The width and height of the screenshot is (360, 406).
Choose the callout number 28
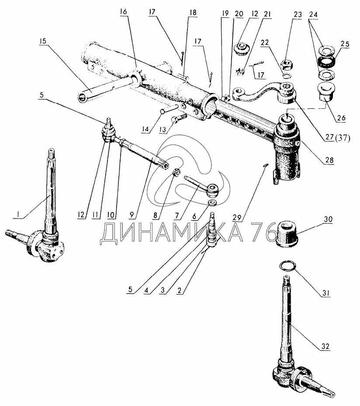(329, 160)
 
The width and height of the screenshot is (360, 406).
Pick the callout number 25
(345, 45)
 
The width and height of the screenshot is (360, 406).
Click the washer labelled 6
(212, 204)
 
